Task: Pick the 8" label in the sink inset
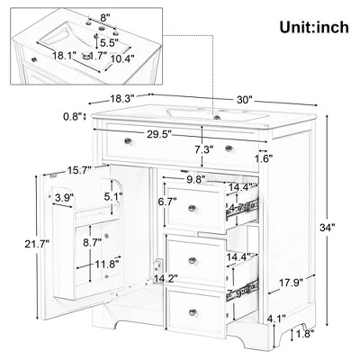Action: [106, 18]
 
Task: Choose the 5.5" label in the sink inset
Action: [110, 42]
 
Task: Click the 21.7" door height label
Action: [17, 243]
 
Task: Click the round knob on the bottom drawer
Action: [193, 311]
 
